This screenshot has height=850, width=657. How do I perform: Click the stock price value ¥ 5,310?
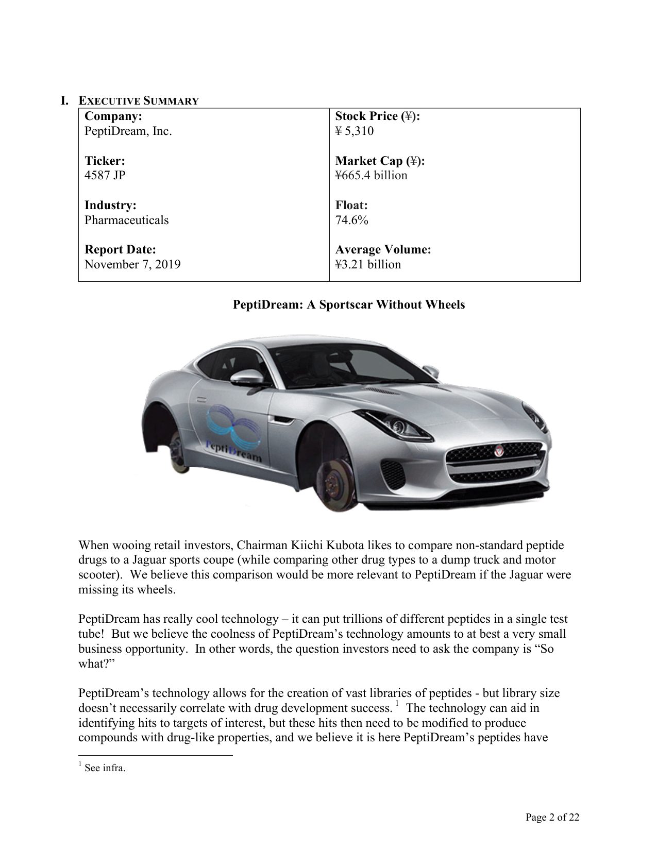[355, 131]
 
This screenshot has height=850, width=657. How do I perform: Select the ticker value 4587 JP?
[105, 175]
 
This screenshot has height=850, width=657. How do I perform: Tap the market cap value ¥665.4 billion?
[371, 175]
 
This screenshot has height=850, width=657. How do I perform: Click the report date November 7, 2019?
[132, 264]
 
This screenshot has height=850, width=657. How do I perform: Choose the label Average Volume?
[383, 250]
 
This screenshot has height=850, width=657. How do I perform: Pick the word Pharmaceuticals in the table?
[126, 220]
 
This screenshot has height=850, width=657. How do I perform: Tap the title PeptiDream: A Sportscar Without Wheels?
[349, 304]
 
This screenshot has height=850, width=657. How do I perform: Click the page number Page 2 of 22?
[552, 817]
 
